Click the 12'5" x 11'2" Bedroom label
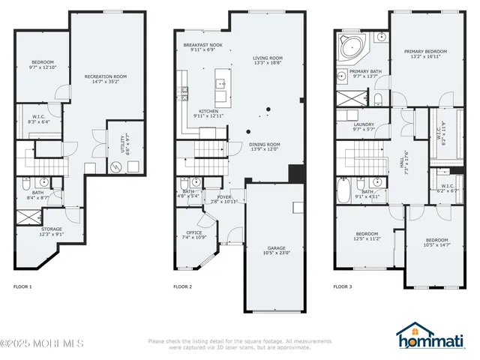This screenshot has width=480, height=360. (x=367, y=235)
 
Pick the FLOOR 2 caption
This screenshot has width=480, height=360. (x=182, y=286)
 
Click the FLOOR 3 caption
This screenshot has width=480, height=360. (x=343, y=286)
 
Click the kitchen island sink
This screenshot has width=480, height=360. (x=221, y=82)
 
